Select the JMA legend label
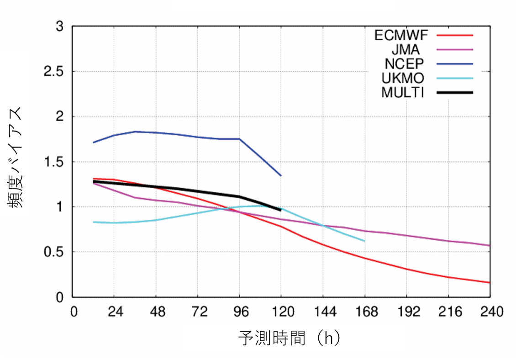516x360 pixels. (405, 49)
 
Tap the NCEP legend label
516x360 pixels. (404, 64)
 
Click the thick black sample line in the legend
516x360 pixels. (454, 92)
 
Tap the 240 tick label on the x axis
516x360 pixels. (490, 312)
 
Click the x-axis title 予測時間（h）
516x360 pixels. (290, 339)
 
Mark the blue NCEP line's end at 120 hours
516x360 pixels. (281, 175)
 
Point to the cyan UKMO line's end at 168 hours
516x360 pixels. (364, 241)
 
